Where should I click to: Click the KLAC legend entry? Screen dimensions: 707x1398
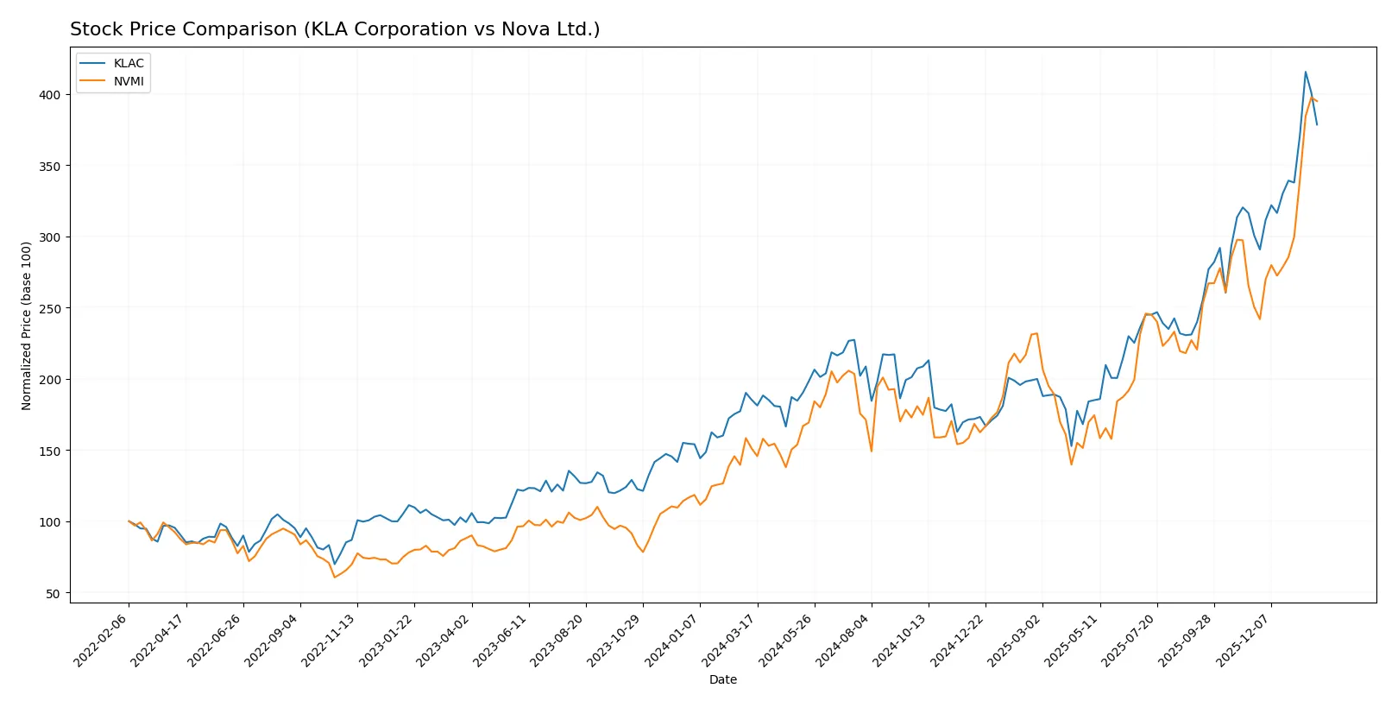pos(128,63)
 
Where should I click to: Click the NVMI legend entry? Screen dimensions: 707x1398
pos(128,81)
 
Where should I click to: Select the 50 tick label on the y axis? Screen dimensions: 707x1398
pos(53,594)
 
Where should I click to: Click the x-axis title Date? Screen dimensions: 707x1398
pos(722,680)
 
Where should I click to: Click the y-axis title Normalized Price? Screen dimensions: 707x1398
pos(27,325)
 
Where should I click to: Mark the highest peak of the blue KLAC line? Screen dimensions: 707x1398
pos(1306,72)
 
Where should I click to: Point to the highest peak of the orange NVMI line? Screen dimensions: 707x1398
pos(1311,98)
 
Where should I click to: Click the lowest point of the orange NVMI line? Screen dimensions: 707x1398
pos(335,577)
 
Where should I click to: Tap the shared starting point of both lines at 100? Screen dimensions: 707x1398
pos(129,521)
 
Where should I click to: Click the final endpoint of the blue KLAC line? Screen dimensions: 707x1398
pos(1317,125)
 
